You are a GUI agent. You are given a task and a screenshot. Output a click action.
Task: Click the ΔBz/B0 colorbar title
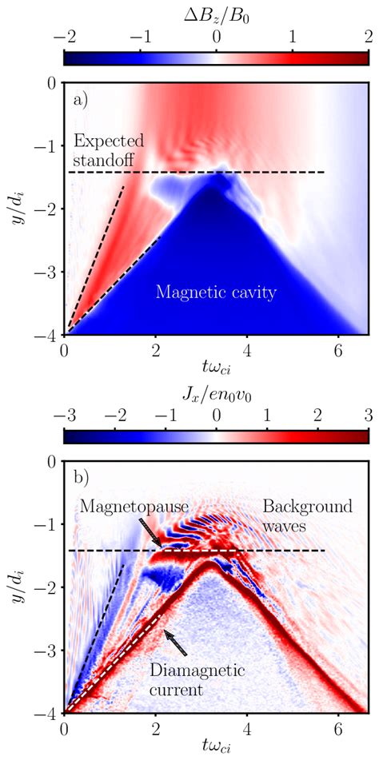click(x=216, y=13)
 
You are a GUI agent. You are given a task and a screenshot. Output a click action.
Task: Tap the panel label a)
click(x=81, y=100)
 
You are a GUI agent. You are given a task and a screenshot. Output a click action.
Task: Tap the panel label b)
click(x=81, y=479)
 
